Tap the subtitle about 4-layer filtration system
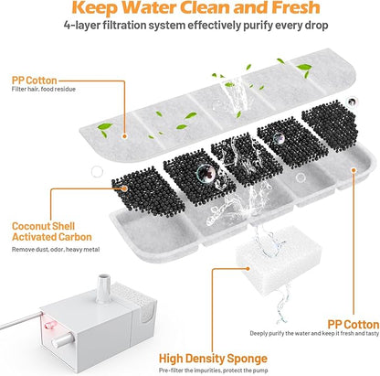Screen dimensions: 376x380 [x=189, y=38]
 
